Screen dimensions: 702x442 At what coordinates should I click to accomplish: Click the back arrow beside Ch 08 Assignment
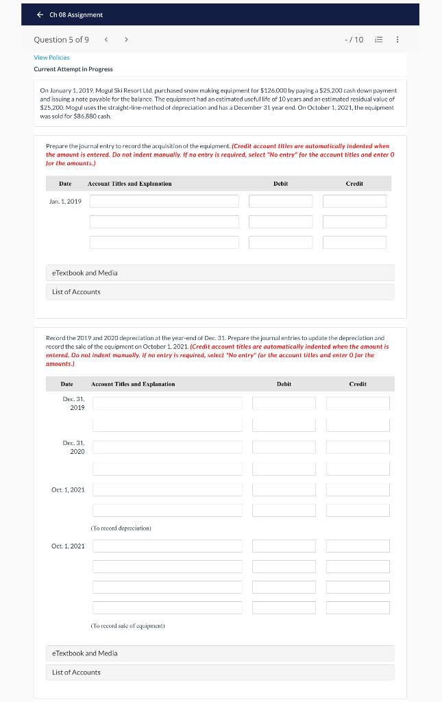40,14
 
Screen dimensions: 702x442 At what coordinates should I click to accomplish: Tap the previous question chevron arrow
105,40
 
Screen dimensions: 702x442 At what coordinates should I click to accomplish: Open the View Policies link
51,58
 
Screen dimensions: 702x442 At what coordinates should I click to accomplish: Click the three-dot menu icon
398,40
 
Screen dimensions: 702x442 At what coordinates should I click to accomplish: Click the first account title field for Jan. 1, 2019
164,201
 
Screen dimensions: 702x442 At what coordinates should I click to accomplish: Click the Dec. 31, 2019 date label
73,403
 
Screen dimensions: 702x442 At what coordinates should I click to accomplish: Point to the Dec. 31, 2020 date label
73,447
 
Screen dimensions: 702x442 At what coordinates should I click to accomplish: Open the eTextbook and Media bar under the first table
220,273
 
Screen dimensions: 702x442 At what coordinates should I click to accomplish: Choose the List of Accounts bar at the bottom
220,673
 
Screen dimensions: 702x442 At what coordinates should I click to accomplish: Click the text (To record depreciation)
121,529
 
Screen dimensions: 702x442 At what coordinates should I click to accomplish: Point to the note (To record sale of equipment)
127,626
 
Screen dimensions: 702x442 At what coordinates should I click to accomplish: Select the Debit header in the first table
280,184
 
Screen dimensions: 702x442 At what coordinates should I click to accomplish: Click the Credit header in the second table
357,384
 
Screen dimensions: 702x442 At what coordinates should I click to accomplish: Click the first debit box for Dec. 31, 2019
284,403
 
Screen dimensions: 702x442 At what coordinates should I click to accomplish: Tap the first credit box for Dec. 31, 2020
358,447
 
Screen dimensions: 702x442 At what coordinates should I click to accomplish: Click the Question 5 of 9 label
61,40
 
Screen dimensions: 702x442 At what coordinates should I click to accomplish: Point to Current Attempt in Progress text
73,69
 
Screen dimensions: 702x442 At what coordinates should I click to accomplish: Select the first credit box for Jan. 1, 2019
354,201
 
